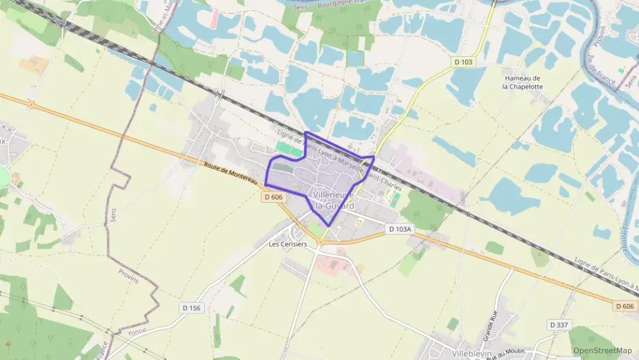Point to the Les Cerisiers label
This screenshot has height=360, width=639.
(x=287, y=244)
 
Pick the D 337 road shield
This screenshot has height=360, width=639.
(x=559, y=324)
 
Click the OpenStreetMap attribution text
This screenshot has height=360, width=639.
(x=603, y=350)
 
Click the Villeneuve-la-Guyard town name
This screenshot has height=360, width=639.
(x=334, y=199)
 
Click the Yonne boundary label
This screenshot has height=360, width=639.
(x=137, y=331)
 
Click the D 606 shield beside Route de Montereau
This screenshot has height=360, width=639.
(x=273, y=197)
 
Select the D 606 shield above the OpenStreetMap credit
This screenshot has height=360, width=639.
(x=624, y=306)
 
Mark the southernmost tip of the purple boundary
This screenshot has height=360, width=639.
(x=329, y=225)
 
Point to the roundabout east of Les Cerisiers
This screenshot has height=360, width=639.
(x=317, y=249)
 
